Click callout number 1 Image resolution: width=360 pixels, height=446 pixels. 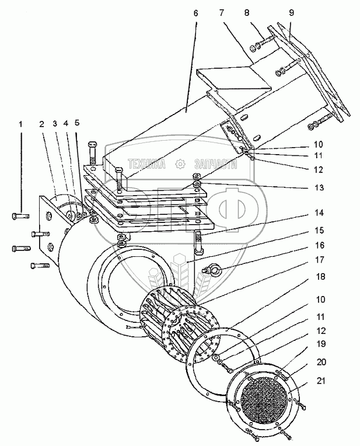click(22, 124)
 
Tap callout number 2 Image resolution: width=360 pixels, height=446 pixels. click(42, 124)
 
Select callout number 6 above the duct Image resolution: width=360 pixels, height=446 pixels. click(195, 11)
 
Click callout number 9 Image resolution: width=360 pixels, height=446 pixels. click(291, 11)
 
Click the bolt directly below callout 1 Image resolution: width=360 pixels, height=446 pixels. click(21, 217)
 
